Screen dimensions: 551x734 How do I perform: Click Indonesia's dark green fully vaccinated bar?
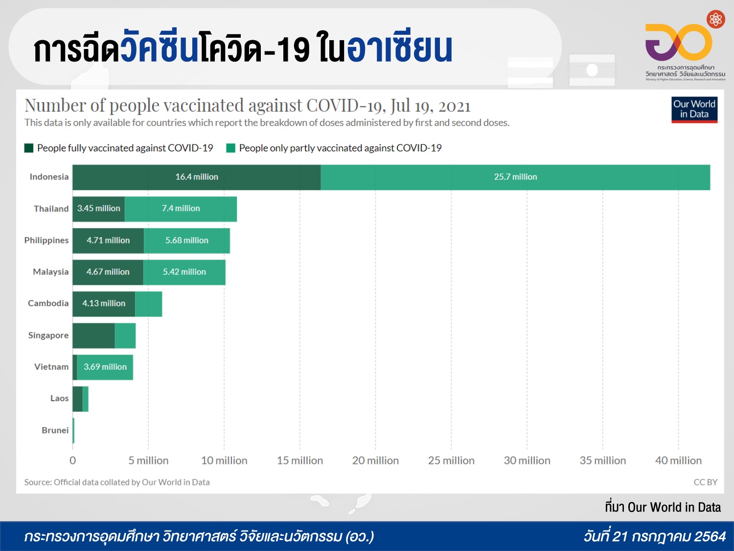[196, 177]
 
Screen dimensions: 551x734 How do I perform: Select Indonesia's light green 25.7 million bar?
[515, 177]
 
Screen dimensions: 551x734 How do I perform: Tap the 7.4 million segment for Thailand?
[181, 209]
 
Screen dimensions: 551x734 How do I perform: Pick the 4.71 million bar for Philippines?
[108, 240]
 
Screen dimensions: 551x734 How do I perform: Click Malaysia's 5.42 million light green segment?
[184, 272]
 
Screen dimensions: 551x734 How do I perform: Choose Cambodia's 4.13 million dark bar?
[104, 304]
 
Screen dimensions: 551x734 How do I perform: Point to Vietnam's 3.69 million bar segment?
[105, 367]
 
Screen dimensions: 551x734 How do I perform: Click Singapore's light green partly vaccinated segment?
[125, 335]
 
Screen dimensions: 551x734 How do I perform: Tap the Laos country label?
[59, 399]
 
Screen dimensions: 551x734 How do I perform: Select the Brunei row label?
[55, 431]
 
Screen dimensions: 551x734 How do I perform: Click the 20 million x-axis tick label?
[375, 461]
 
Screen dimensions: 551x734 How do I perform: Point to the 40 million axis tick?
[678, 461]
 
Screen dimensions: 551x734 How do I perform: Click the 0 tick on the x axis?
[73, 461]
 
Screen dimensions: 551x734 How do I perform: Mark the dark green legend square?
[29, 148]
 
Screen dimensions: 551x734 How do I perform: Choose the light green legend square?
[231, 148]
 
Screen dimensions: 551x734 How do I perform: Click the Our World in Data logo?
[694, 109]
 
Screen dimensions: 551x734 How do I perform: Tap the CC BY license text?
[705, 482]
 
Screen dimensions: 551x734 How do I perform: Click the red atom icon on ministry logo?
[716, 20]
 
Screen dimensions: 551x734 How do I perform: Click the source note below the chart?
[117, 482]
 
